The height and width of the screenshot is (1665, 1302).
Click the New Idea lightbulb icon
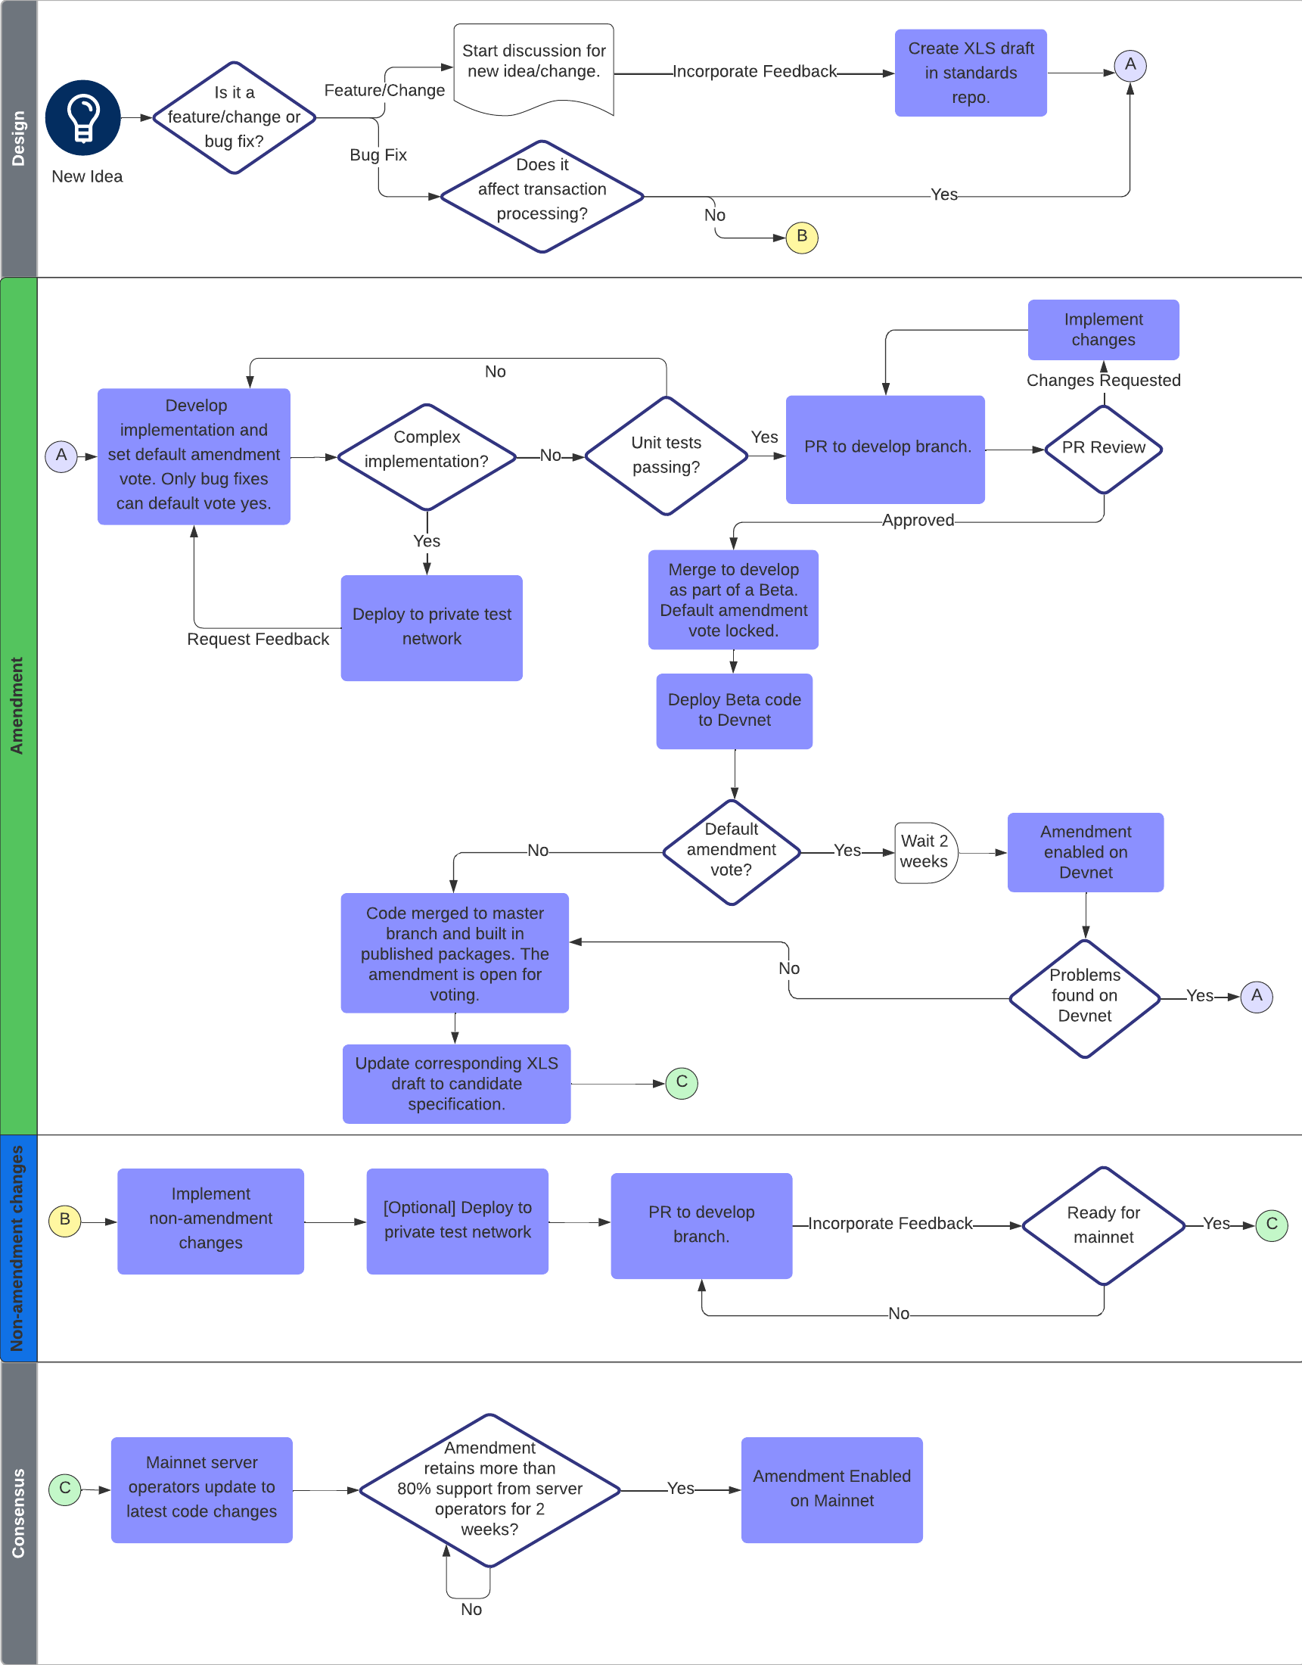(x=82, y=117)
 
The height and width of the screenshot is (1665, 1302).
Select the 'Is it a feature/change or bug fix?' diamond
(x=234, y=117)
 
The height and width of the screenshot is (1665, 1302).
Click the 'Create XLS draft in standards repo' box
(x=971, y=73)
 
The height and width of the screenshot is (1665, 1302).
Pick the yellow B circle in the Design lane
(x=801, y=237)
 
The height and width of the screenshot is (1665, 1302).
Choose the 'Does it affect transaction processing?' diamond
(x=542, y=196)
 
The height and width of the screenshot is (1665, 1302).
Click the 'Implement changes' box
(x=1103, y=329)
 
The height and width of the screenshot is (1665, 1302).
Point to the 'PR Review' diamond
(x=1103, y=449)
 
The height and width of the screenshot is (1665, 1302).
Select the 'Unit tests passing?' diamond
(x=666, y=455)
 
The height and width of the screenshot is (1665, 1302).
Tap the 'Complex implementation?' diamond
(x=427, y=456)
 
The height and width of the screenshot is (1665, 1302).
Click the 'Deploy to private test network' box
(x=431, y=627)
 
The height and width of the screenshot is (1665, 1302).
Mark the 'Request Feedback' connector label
(x=258, y=639)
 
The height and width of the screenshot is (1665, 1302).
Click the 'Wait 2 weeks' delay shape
(x=924, y=852)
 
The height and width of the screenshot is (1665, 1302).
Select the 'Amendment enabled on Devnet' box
(x=1085, y=852)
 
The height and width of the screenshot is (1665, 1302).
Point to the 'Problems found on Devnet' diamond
(x=1084, y=997)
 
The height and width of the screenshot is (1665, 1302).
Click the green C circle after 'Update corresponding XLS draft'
(x=682, y=1082)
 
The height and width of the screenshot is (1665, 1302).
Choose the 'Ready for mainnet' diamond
(x=1103, y=1225)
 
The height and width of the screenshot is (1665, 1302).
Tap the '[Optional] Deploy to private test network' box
(x=458, y=1222)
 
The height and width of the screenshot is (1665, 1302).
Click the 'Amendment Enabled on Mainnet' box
(x=831, y=1489)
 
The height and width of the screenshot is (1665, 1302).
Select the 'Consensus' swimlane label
(x=18, y=1513)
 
